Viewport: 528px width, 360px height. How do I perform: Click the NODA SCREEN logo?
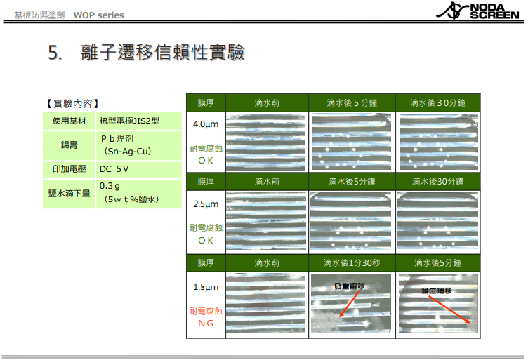[x=478, y=11]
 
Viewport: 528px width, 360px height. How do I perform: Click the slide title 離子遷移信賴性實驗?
[x=163, y=52]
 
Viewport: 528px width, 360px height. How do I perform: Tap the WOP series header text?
[x=99, y=15]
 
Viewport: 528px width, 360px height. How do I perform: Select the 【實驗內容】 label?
[x=73, y=103]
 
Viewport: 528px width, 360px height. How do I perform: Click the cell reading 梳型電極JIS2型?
[x=129, y=121]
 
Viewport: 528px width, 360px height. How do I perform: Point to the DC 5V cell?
[x=114, y=169]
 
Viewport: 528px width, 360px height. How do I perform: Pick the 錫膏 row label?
[x=69, y=145]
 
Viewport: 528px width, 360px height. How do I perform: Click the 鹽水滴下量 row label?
[x=69, y=193]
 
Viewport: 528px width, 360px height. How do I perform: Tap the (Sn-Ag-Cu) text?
[x=128, y=152]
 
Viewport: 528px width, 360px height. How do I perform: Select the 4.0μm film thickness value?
[x=206, y=124]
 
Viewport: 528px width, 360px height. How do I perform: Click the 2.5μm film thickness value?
[x=206, y=204]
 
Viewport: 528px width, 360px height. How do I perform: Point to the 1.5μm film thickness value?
[x=206, y=287]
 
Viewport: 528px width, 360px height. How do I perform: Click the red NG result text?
[x=206, y=324]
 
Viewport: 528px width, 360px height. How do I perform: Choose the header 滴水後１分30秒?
[x=352, y=262]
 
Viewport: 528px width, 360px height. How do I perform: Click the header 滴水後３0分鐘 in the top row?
[x=437, y=103]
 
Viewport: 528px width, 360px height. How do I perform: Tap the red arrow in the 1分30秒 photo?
[x=350, y=303]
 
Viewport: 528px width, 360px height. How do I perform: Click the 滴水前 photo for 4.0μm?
[x=265, y=142]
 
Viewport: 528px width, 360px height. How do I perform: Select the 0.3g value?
[x=110, y=186]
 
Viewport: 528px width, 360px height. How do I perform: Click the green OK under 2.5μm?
[x=206, y=241]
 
